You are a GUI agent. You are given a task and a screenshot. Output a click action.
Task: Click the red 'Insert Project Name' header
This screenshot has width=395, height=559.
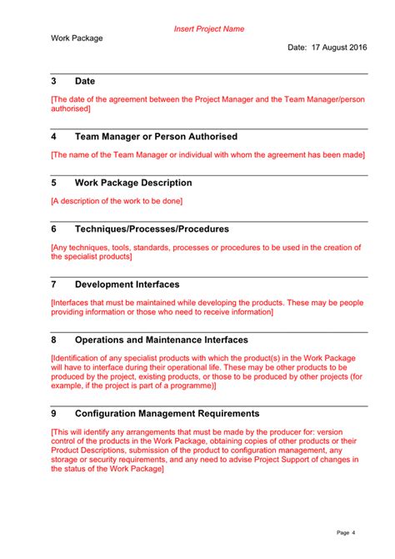click(208, 28)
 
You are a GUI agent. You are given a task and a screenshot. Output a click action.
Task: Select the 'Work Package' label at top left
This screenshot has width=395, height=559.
click(77, 38)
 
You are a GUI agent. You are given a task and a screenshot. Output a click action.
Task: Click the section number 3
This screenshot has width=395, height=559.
click(54, 81)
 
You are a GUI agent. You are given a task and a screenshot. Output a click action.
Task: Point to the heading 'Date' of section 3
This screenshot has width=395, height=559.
click(85, 81)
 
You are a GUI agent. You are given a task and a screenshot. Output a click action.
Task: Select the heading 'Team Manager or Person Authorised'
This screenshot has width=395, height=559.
click(156, 136)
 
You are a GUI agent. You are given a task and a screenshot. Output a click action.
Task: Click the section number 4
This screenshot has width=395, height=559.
click(54, 136)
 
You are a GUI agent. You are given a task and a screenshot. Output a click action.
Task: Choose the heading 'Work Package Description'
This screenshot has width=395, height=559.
click(133, 183)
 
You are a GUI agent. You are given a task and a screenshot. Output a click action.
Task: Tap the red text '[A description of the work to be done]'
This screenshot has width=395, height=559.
click(116, 200)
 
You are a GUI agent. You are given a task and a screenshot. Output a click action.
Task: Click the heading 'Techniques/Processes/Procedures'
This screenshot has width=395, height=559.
click(152, 229)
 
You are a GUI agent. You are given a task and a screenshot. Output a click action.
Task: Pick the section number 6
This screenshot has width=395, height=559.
click(54, 229)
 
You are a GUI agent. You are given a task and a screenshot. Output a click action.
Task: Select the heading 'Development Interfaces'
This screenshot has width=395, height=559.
click(127, 285)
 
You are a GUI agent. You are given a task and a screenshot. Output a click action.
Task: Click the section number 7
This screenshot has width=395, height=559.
click(54, 285)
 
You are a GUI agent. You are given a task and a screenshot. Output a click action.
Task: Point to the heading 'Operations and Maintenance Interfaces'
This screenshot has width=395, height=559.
click(161, 340)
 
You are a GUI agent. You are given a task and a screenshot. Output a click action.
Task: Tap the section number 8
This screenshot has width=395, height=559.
click(54, 340)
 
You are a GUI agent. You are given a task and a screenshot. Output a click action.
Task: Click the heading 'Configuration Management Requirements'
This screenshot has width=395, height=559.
click(167, 413)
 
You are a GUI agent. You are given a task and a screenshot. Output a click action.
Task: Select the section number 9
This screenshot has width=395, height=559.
click(54, 413)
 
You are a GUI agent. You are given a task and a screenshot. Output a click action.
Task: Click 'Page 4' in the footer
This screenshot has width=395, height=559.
click(346, 532)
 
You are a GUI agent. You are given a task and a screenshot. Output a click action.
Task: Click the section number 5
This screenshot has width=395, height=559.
click(54, 183)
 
